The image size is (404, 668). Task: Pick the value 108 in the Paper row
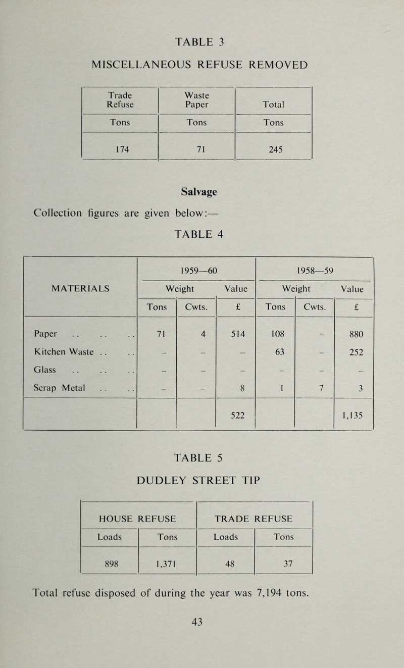pyautogui.click(x=275, y=333)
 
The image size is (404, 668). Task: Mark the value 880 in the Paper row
pyautogui.click(x=353, y=333)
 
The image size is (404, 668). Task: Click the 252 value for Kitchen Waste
pyautogui.click(x=353, y=352)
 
